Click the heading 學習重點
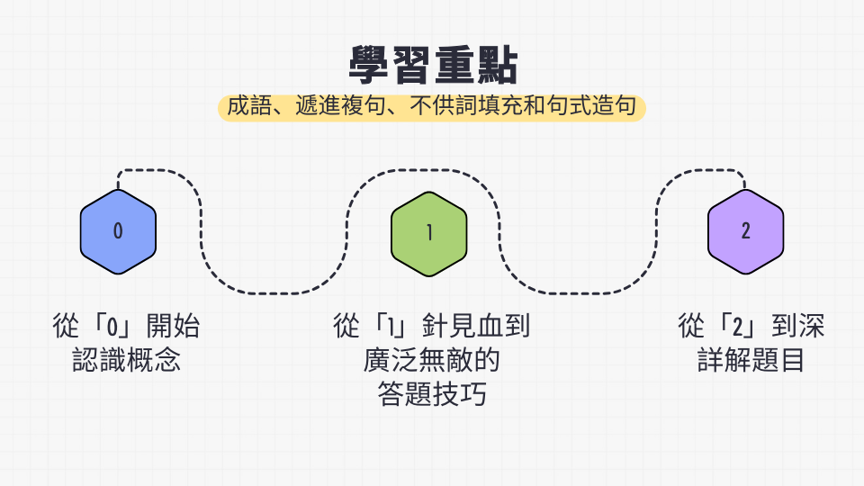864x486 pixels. tap(433, 65)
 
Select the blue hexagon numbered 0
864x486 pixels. tap(118, 231)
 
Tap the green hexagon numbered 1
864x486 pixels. tap(429, 234)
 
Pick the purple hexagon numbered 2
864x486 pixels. tap(745, 231)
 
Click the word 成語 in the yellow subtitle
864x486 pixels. tap(249, 106)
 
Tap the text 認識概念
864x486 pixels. tap(126, 360)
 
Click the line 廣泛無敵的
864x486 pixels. tap(431, 360)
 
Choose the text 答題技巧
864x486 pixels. tap(432, 394)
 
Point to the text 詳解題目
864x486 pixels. tap(751, 360)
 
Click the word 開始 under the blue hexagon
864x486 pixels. tap(173, 326)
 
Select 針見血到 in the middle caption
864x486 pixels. tap(476, 326)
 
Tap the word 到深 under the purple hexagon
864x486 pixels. tap(798, 326)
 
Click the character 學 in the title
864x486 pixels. tap(370, 65)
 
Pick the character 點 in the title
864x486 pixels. tap(498, 65)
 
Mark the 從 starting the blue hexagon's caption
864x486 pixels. tap(66, 326)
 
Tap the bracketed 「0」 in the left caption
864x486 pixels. tap(113, 326)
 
